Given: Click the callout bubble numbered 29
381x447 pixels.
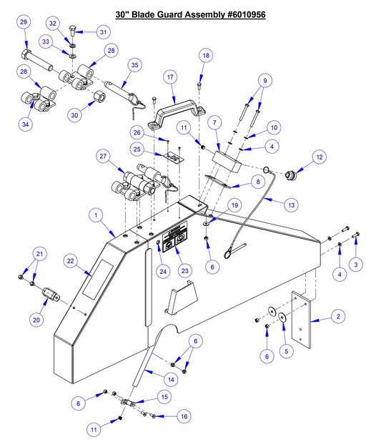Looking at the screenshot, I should [x=24, y=23].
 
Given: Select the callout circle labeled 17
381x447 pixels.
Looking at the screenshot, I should [x=170, y=77].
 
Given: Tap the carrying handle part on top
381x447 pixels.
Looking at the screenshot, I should [x=177, y=110].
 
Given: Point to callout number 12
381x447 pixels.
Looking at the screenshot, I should [x=320, y=156].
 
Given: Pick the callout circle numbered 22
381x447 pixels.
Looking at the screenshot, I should [x=71, y=262].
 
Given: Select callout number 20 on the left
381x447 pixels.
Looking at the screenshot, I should [x=36, y=320].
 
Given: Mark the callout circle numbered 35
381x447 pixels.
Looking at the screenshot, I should [x=134, y=64].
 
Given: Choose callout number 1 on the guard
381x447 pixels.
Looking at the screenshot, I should [x=94, y=214].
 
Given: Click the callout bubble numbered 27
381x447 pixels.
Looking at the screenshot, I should [x=103, y=157].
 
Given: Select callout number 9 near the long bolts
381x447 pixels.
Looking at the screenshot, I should [x=264, y=81].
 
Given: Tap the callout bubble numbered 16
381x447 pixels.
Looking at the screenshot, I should [x=184, y=416].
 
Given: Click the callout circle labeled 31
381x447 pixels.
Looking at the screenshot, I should [x=103, y=31].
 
